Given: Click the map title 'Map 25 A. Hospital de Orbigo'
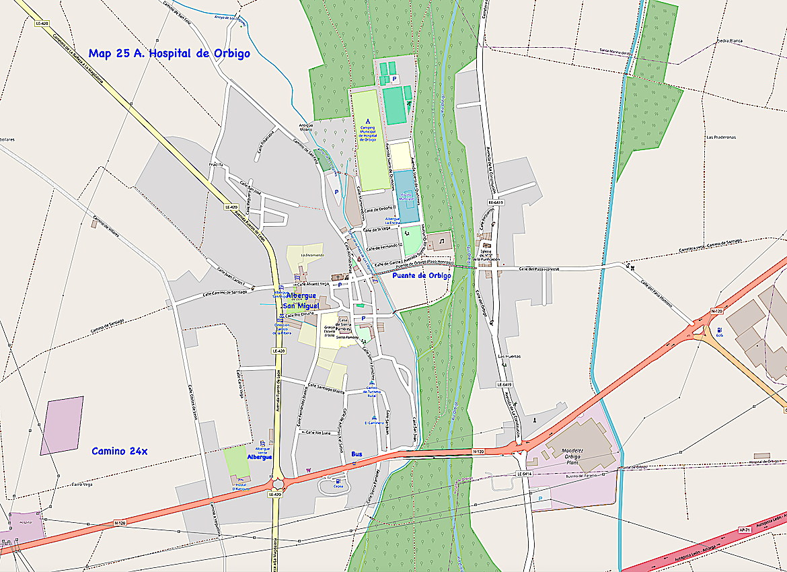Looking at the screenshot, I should [x=169, y=54].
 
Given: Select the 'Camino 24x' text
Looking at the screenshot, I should [x=119, y=451].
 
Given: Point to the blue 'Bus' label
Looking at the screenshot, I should [x=357, y=454].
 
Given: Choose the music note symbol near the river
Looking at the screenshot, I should [x=442, y=240].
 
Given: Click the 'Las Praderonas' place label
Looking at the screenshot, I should [x=720, y=137].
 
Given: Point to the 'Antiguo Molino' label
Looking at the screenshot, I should [x=306, y=128].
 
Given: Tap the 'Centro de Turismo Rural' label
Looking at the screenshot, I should [x=371, y=391].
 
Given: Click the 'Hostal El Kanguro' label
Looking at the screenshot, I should [x=241, y=487].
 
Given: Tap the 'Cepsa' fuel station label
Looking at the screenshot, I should [x=338, y=486].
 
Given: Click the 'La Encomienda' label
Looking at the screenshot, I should [x=312, y=255].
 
